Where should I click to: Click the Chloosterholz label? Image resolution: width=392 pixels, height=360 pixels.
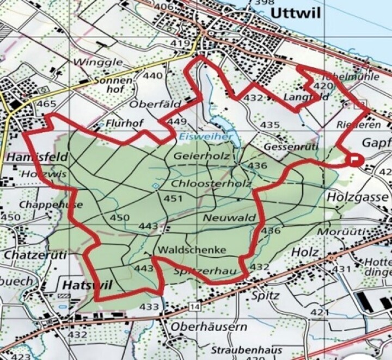click(211, 183)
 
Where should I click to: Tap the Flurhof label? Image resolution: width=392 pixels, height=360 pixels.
click(125, 123)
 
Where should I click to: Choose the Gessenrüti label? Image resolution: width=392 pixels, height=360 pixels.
click(286, 147)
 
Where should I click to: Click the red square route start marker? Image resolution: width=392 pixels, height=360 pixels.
click(355, 159)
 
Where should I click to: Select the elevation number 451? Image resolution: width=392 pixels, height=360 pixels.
click(173, 199)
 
